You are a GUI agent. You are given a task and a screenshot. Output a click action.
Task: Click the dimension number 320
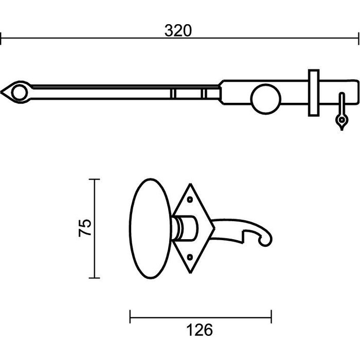tap(178, 31)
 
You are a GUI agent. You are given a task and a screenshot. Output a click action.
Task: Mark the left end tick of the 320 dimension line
tap(1, 38)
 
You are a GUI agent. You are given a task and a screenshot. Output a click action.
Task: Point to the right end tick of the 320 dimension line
tap(358, 38)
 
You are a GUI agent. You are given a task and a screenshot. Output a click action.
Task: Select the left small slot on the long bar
tap(173, 93)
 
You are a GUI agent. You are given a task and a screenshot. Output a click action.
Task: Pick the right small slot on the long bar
tap(204, 93)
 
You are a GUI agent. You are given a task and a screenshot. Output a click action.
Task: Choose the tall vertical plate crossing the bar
tap(313, 93)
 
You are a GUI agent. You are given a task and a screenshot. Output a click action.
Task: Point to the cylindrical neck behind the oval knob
tap(186, 228)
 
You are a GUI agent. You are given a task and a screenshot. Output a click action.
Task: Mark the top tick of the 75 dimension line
tap(94, 179)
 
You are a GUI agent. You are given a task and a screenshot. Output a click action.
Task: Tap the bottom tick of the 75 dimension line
tap(94, 278)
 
